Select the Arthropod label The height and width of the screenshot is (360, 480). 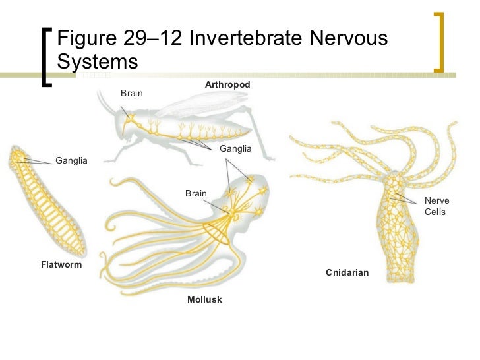pyautogui.click(x=227, y=85)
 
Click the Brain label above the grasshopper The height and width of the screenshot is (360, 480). pyautogui.click(x=131, y=94)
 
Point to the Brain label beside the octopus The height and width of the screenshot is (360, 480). pyautogui.click(x=196, y=193)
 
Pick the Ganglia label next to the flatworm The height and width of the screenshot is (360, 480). pyautogui.click(x=71, y=161)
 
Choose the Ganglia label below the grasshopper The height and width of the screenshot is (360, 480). pyautogui.click(x=235, y=149)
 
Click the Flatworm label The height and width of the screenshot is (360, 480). pyautogui.click(x=61, y=266)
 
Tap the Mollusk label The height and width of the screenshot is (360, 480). pyautogui.click(x=204, y=299)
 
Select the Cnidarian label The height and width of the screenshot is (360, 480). pyautogui.click(x=347, y=272)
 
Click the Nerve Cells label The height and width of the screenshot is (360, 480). pyautogui.click(x=436, y=206)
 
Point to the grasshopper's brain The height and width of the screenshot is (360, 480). pyautogui.click(x=131, y=120)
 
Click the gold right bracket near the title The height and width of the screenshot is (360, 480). pyautogui.click(x=438, y=41)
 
